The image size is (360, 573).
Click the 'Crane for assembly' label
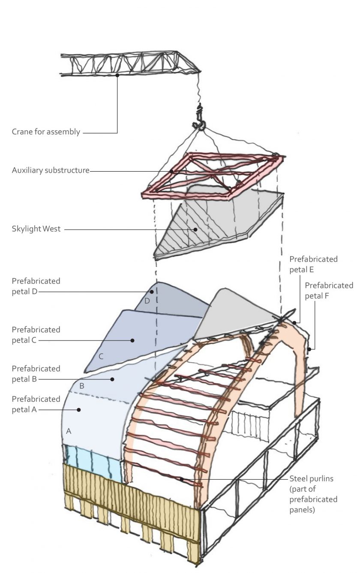[x=46, y=132]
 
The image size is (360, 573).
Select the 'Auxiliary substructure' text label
[x=51, y=170]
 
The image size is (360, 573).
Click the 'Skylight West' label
[x=36, y=229]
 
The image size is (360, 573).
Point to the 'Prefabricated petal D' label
[x=36, y=286]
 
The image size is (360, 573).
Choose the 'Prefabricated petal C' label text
[x=36, y=335]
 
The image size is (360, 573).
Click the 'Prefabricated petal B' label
[x=36, y=374]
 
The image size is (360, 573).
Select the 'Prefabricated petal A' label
[x=36, y=404]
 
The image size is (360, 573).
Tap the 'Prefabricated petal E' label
[x=313, y=264]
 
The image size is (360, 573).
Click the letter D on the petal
[x=147, y=301]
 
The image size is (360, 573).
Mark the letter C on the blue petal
[x=101, y=356]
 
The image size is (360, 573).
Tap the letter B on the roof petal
[x=81, y=386]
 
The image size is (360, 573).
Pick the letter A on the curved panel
[x=69, y=431]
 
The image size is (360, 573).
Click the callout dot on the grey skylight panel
[x=195, y=230]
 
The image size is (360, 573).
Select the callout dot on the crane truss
[x=117, y=75]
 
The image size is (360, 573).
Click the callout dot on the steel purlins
[x=182, y=479]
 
